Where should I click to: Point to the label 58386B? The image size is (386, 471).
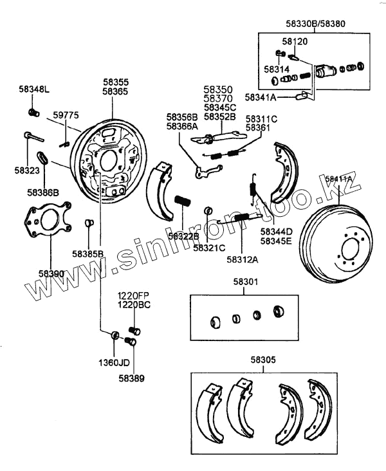point(43,192)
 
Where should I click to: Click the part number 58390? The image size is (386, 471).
point(51,273)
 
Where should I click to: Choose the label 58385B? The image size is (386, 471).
point(87,254)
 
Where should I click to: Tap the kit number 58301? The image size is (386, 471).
point(244,281)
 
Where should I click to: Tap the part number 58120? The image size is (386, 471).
point(294,41)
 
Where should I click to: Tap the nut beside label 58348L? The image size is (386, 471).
point(32,113)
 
